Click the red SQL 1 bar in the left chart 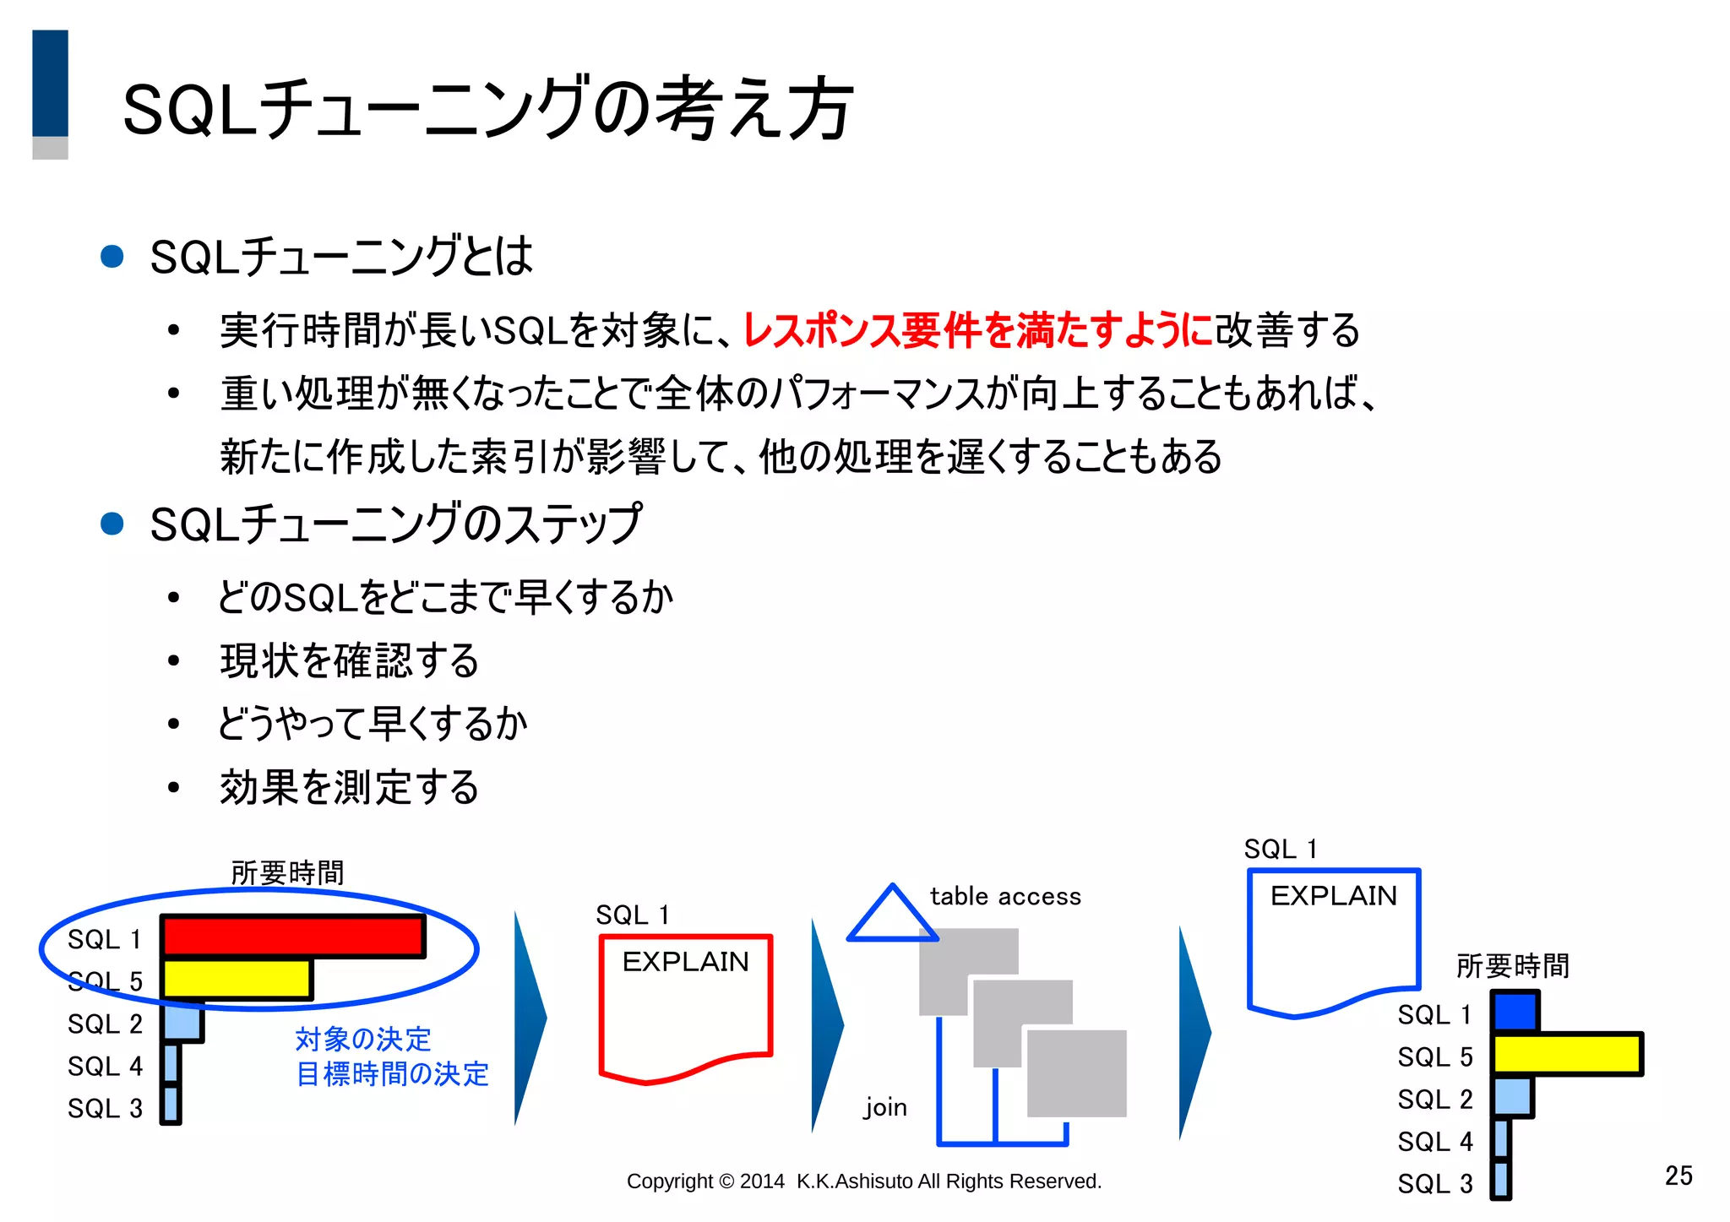pos(292,937)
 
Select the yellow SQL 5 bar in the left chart pos(237,980)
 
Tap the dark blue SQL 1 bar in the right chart pos(1515,1012)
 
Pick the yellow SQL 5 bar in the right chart pos(1567,1055)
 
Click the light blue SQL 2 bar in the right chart pos(1512,1097)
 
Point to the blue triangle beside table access pos(892,917)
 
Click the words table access pos(1005,896)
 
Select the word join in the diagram pos(885,1107)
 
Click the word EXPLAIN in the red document pos(685,962)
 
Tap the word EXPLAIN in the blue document pos(1334,896)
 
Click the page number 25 pos(1678,1176)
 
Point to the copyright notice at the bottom pos(863,1181)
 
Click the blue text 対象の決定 pos(363,1039)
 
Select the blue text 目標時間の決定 pos(393,1074)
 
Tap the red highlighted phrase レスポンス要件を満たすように pos(977,330)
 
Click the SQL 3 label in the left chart pos(106,1108)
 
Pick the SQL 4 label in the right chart pos(1434,1142)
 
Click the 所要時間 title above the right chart pos(1512,966)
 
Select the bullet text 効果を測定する pos(349,788)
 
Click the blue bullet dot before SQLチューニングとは pos(112,257)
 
